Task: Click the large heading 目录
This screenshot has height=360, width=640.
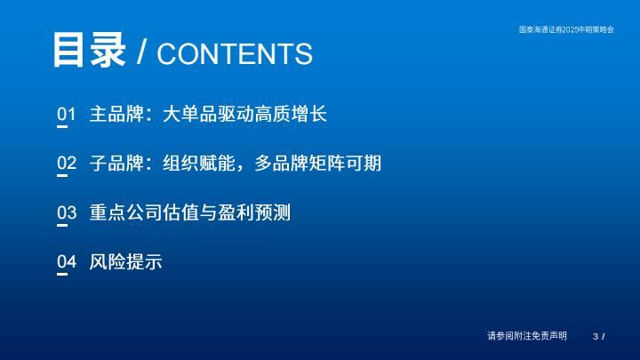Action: tap(89, 50)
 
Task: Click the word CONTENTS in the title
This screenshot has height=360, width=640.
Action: tap(235, 53)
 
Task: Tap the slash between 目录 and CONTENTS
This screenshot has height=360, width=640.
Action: tap(141, 52)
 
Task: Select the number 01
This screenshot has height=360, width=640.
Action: tap(67, 114)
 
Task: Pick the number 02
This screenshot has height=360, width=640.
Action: tap(67, 163)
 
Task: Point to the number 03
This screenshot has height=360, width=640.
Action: tap(67, 212)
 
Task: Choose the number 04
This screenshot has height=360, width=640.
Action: tap(67, 261)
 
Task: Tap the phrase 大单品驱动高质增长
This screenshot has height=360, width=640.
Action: tap(245, 114)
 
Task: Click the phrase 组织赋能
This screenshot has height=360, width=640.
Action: tap(199, 163)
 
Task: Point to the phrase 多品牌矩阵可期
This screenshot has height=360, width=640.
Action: tap(318, 163)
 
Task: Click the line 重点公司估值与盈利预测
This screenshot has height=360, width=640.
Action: tap(190, 212)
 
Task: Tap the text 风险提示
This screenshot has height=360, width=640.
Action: tap(125, 261)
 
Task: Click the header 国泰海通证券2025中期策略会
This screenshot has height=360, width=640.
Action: tap(566, 29)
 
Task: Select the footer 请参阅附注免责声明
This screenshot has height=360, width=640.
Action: tap(527, 336)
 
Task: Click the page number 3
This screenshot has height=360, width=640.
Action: tap(596, 336)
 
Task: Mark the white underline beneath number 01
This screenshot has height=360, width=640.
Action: tap(62, 126)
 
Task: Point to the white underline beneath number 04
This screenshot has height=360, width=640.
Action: tap(62, 275)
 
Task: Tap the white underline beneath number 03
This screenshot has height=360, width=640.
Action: tap(62, 225)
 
